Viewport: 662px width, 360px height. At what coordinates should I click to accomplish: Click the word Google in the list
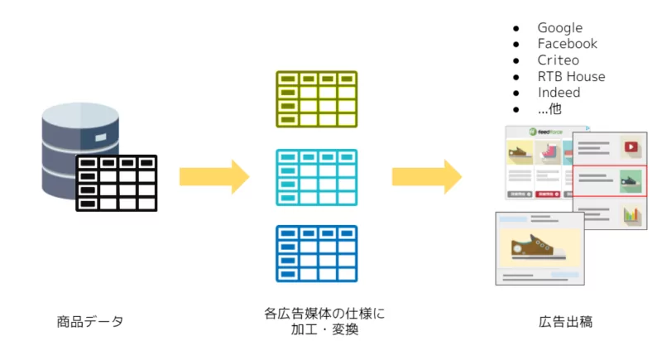pos(559,28)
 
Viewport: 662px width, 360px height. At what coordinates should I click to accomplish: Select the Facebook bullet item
pos(567,44)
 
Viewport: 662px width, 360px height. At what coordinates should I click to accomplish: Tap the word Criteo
pos(558,60)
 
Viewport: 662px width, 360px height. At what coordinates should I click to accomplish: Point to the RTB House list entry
pos(571,76)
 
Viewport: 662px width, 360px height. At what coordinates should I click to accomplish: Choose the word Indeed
pos(559,93)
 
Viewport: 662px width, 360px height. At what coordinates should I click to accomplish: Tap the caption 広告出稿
pos(566,321)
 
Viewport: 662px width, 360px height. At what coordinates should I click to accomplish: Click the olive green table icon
pos(316,99)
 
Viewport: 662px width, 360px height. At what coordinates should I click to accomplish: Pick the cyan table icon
pos(316,177)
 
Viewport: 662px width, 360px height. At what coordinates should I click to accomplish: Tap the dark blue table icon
pos(316,253)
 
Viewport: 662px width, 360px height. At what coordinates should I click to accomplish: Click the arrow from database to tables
pos(213,176)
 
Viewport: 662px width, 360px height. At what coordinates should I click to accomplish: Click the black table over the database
pos(117,182)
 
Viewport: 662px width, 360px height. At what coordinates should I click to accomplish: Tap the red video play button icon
pos(631,147)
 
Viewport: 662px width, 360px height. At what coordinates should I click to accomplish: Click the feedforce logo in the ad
pos(547,132)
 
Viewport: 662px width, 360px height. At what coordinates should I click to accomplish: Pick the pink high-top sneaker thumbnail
pos(549,153)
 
